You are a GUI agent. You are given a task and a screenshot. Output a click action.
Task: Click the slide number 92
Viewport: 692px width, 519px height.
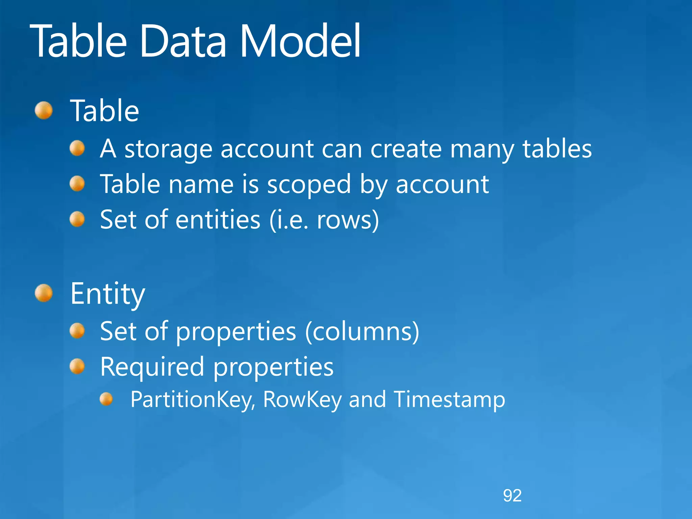tap(512, 496)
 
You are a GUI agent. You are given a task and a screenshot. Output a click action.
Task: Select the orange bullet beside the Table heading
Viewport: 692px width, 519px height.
tap(44, 110)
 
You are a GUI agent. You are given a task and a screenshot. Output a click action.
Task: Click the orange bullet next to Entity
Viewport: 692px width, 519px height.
tap(44, 293)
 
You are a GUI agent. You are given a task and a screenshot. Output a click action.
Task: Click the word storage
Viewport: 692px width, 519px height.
tap(168, 149)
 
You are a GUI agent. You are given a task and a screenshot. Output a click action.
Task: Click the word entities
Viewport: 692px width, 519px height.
tap(218, 220)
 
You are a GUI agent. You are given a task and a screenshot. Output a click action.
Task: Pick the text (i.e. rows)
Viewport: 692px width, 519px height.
tap(324, 220)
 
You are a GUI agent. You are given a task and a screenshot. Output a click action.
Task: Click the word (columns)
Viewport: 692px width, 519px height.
tap(362, 331)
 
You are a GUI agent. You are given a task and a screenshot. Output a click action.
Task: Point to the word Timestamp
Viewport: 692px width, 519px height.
tap(449, 399)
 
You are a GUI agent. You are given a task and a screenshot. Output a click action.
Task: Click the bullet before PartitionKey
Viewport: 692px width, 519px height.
tap(106, 399)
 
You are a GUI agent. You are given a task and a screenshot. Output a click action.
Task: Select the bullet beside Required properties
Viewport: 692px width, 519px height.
tap(77, 366)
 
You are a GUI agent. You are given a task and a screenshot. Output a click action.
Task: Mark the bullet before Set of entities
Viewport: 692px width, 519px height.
tap(77, 219)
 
